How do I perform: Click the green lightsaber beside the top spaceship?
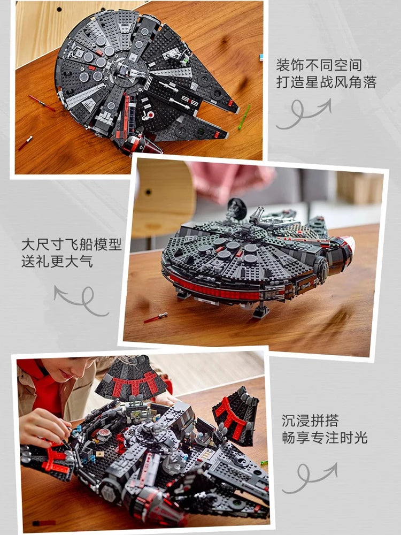pyautogui.click(x=244, y=116)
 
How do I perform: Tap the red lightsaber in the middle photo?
pyautogui.click(x=156, y=317)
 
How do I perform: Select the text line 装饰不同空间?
pyautogui.click(x=319, y=65)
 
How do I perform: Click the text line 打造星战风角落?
pyautogui.click(x=326, y=82)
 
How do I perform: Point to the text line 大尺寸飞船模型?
pyautogui.click(x=72, y=245)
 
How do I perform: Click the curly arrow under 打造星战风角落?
pyautogui.click(x=303, y=114)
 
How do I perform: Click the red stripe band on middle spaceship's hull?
pyautogui.click(x=214, y=292)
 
